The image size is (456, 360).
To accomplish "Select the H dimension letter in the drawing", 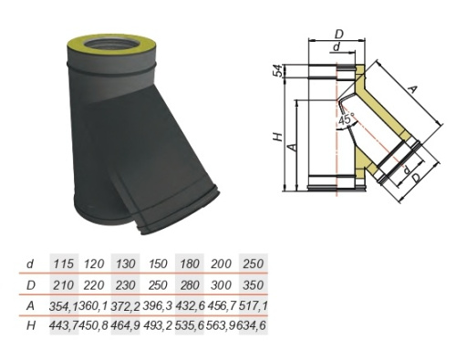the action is coord(278,138).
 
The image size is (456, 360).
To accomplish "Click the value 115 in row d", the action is coord(64,263).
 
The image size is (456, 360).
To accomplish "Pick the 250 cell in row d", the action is coord(253,263).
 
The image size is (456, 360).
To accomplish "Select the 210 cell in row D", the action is coord(64,285).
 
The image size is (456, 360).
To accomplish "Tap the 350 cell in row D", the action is coord(253,285).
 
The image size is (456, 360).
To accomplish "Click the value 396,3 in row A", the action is coord(158,305).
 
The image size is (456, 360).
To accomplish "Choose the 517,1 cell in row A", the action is coord(253,305).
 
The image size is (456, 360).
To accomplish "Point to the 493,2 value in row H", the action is coord(158,325).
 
